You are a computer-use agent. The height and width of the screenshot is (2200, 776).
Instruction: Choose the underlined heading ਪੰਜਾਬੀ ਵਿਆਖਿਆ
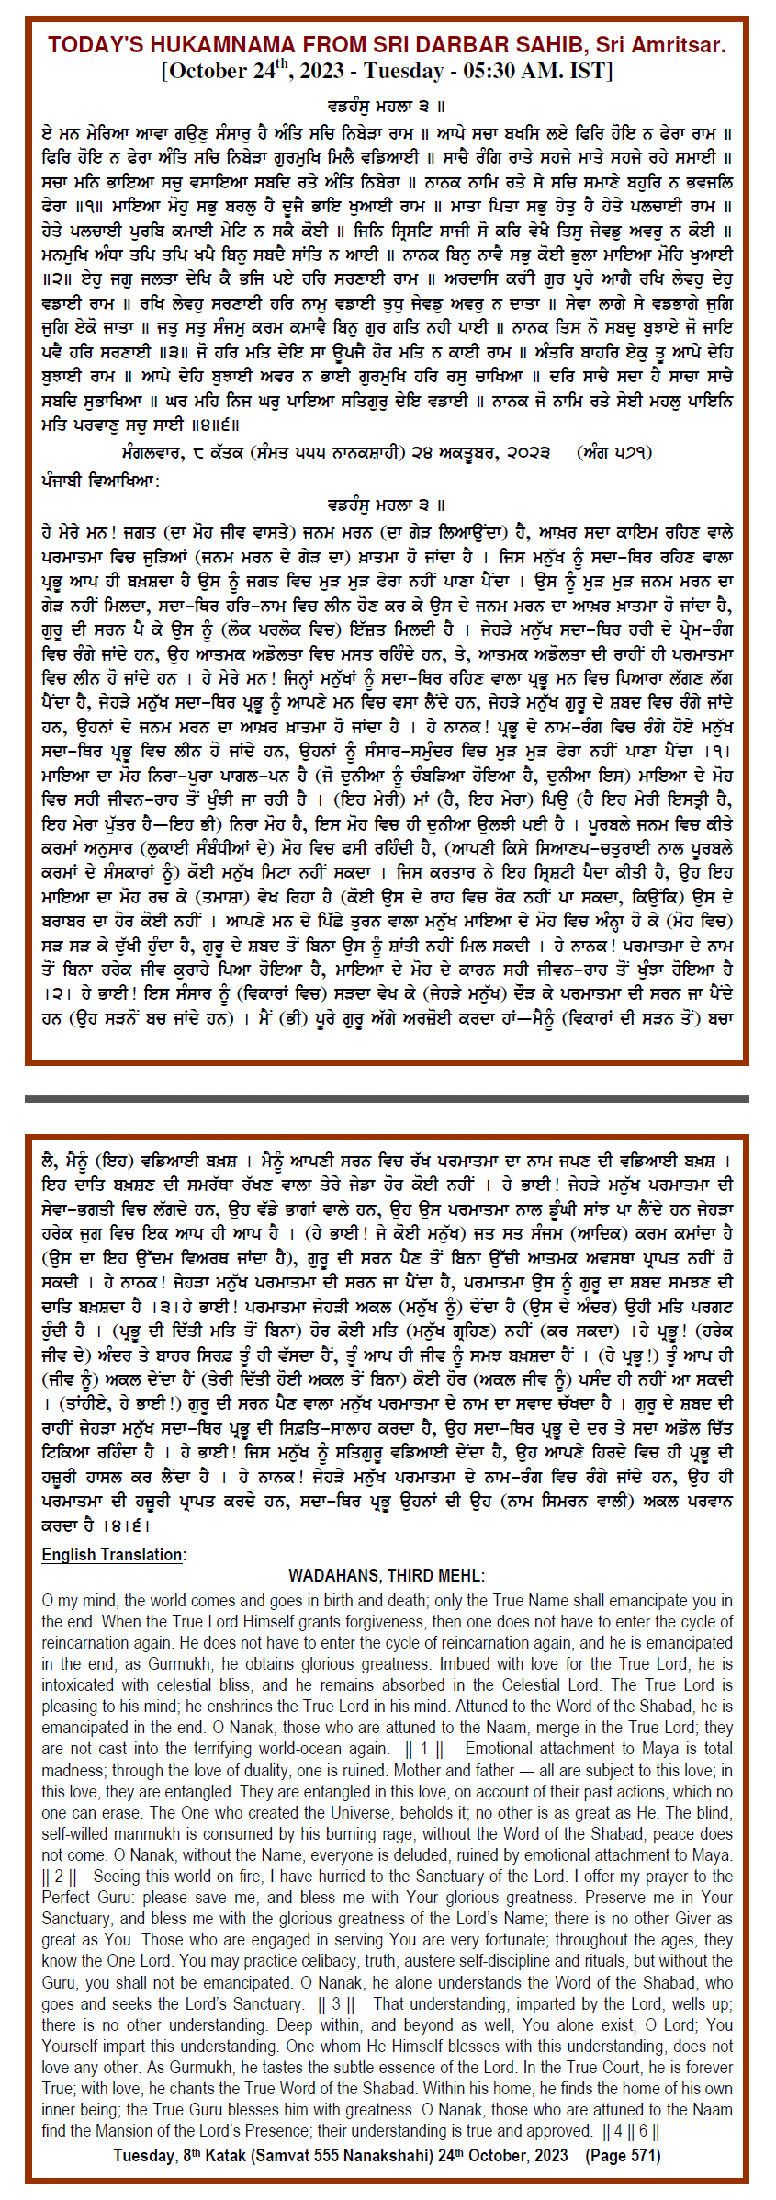click(x=99, y=481)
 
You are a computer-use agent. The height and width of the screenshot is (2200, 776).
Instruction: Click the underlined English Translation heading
click(x=113, y=1554)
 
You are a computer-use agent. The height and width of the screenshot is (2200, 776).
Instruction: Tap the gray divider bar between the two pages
click(x=387, y=1098)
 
